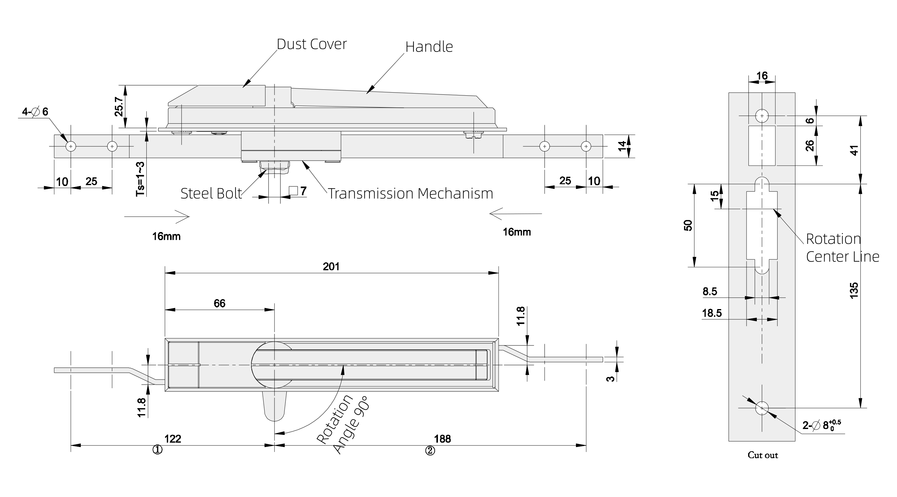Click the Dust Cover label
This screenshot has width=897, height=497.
pos(312,44)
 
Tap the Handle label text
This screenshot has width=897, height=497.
pos(429,47)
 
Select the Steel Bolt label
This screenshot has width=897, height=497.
pos(211,194)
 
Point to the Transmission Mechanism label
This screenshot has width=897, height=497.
pos(411,194)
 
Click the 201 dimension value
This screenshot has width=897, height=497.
pos(331,267)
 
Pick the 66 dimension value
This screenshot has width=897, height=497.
pos(219,303)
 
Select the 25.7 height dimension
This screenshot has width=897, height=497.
pos(119,107)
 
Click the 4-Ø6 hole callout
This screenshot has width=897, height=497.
pos(35,112)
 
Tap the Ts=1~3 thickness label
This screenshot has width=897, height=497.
pos(140,179)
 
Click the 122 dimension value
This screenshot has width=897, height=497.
pos(173,439)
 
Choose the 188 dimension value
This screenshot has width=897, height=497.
pos(442,439)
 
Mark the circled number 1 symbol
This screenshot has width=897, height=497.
pos(157,450)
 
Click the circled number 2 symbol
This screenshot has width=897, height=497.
pos(430,451)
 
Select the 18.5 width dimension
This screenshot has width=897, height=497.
pos(712,313)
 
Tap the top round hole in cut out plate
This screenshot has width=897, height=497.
pos(762,116)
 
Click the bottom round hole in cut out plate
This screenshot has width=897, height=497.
pos(762,408)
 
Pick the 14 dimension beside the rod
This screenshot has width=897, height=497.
pos(622,146)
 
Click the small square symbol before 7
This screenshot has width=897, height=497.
pos(293,191)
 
